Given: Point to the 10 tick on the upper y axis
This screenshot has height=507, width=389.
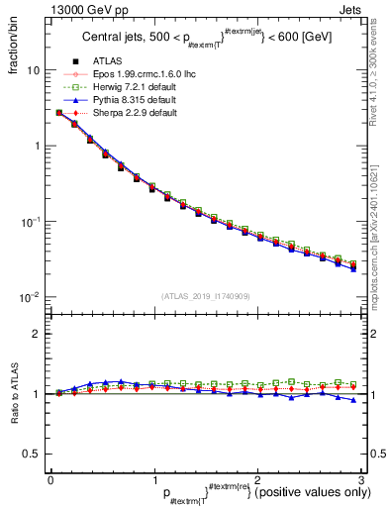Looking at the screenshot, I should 34,71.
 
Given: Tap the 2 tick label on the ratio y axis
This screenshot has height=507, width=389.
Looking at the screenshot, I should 38,334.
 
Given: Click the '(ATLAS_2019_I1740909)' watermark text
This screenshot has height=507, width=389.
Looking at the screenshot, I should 205,295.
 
